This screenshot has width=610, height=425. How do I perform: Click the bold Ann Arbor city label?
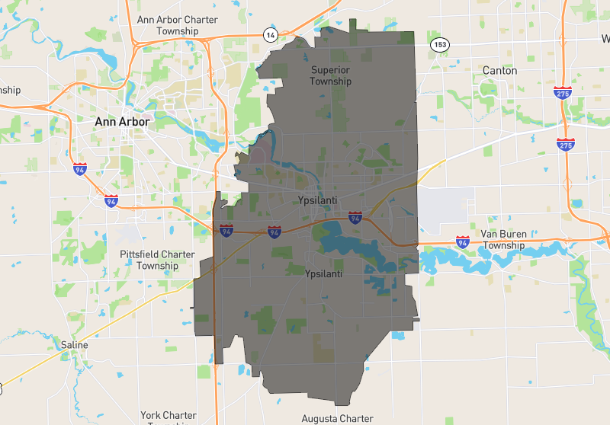coord(122,121)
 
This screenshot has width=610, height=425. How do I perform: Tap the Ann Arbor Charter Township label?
coord(177,25)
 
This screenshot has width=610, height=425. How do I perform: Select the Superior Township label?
coord(331,75)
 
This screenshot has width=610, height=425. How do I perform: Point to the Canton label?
coord(499,70)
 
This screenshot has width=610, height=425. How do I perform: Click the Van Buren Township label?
coord(504,240)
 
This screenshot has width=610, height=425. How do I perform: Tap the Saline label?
coord(74,345)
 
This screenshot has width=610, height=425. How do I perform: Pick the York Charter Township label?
coord(169,417)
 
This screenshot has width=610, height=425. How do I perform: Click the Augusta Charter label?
coord(336,418)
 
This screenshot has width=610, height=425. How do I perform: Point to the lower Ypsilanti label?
coord(323,273)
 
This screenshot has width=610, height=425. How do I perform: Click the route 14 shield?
coord(271,35)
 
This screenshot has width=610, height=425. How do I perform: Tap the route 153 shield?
coord(438,45)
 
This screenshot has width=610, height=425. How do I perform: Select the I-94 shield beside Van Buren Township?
coord(462,241)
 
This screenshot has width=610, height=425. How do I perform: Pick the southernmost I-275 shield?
coord(565,144)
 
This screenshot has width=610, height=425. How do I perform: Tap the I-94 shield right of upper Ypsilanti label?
coord(355,218)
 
